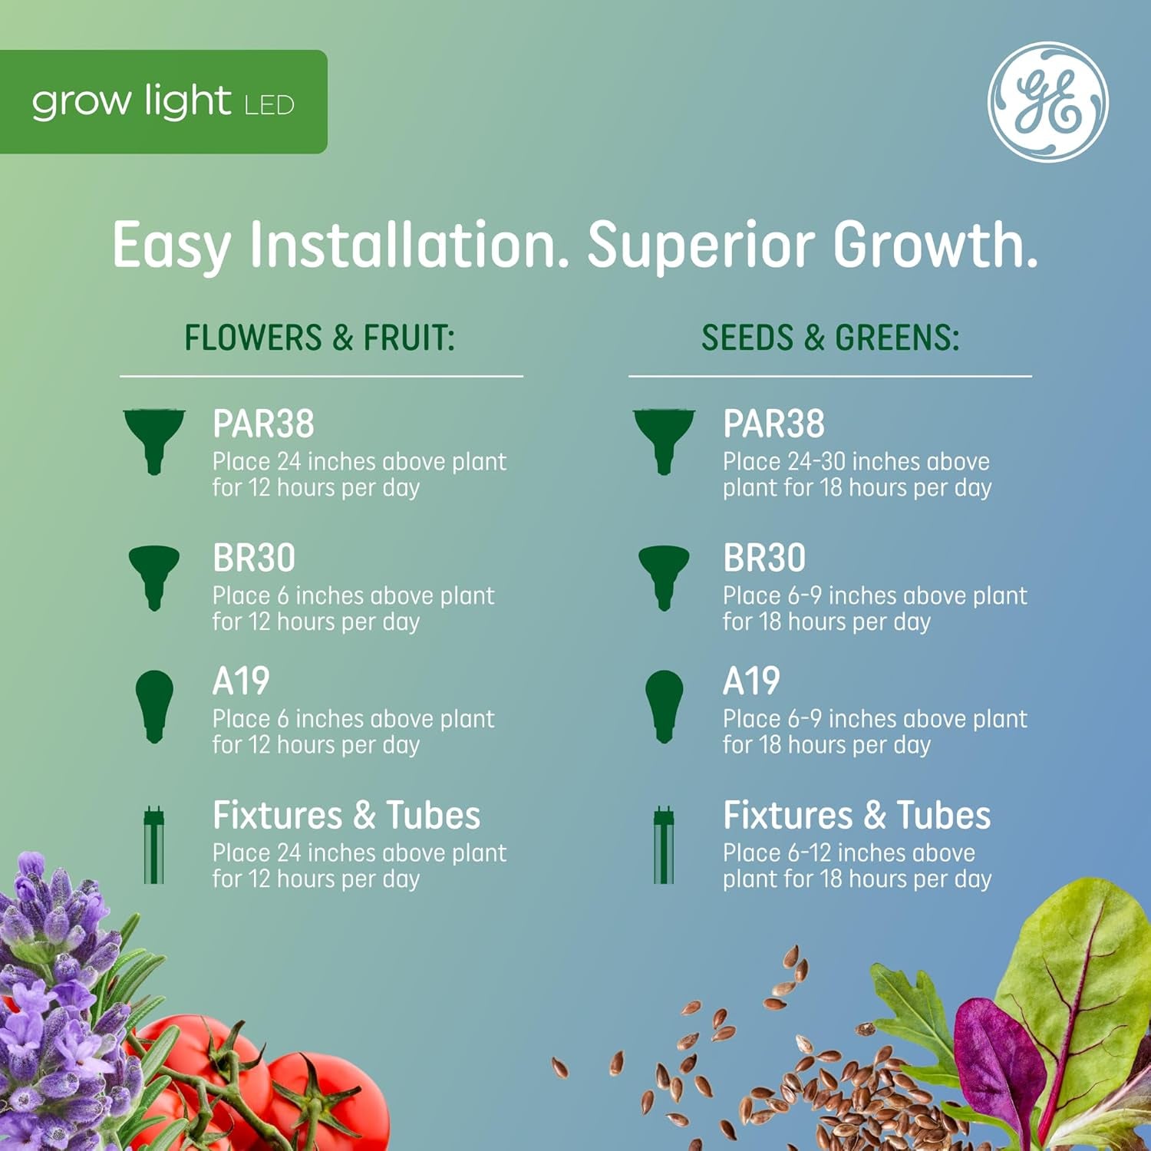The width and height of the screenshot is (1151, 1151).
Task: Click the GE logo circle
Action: tap(1047, 102)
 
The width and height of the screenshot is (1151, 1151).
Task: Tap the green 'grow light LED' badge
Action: tap(163, 102)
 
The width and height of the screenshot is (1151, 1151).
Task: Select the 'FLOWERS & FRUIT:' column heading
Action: tap(319, 338)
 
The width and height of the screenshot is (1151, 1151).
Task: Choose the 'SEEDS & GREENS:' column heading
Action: tap(830, 338)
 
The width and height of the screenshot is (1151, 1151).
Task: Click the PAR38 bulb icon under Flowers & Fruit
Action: tap(154, 440)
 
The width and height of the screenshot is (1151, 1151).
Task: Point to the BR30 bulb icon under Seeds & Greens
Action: tap(664, 575)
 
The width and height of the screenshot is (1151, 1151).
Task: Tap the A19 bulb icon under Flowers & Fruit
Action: tap(154, 705)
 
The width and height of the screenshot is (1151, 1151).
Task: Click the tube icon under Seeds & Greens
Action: tap(664, 845)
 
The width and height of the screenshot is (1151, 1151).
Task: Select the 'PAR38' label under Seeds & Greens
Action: tap(773, 424)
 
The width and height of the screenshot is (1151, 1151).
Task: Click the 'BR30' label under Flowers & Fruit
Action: tap(254, 558)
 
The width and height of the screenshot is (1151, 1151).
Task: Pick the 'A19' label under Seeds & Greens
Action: tap(751, 681)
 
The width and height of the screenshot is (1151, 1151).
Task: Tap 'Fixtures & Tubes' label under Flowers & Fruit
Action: tap(346, 815)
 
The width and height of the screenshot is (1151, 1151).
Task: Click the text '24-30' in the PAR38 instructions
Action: tap(816, 462)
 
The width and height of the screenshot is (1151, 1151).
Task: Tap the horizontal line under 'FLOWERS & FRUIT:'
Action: tap(321, 376)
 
